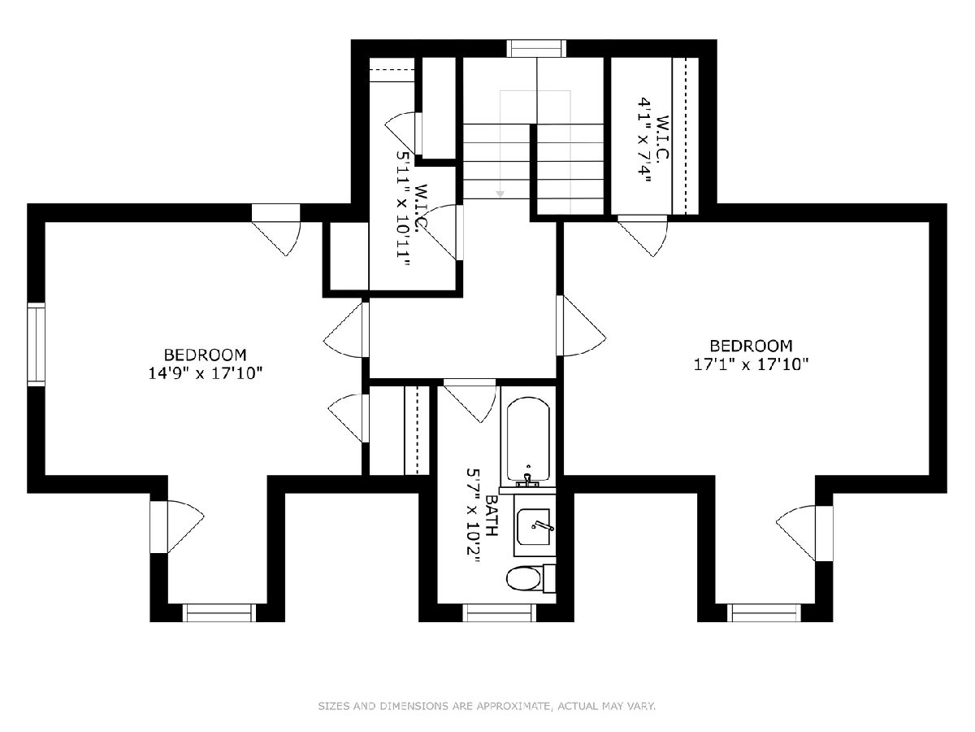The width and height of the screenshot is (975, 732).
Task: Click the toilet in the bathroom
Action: [531, 578]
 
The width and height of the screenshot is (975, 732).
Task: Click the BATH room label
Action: [492, 516]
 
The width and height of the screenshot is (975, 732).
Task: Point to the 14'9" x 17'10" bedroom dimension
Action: [206, 373]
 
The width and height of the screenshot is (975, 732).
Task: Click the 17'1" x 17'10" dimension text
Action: [751, 364]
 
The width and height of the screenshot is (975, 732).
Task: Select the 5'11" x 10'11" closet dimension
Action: [403, 208]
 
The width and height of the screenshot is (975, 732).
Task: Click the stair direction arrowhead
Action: [500, 194]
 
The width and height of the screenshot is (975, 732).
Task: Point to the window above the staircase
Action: [536, 49]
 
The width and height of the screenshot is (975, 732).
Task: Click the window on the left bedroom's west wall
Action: [37, 344]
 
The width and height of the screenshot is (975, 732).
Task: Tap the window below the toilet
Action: [499, 613]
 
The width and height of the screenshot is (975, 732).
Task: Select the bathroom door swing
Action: [470, 400]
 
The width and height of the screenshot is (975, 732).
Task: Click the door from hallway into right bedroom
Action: [581, 326]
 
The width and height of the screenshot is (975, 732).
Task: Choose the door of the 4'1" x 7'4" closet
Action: [643, 236]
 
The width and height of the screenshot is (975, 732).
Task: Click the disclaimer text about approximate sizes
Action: [487, 706]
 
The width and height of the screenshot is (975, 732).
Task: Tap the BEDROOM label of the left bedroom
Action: [206, 355]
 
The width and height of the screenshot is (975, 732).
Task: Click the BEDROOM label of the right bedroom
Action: [751, 346]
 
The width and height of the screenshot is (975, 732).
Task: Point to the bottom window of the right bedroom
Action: [764, 613]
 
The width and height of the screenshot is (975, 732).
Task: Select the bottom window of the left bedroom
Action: [219, 613]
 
